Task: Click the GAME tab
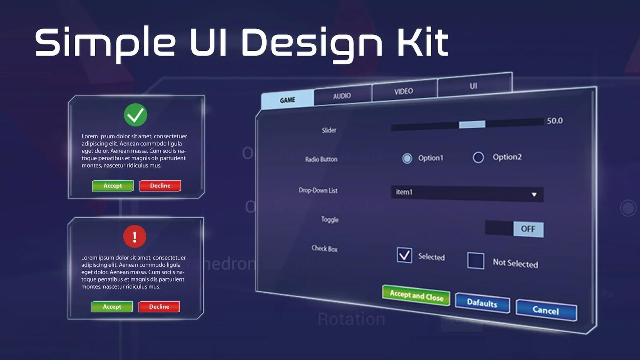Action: [x=288, y=100]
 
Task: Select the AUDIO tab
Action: [x=342, y=96]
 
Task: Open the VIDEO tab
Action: [x=404, y=91]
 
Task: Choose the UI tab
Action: [x=474, y=86]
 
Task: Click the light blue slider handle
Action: [x=472, y=124]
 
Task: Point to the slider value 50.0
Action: [x=555, y=120]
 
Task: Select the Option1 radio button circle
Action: [x=407, y=158]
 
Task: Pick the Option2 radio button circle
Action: [x=478, y=157]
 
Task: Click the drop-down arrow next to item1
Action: [x=534, y=194]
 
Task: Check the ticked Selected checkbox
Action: [x=404, y=255]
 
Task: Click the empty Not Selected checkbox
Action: [x=476, y=260]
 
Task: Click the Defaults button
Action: [x=482, y=303]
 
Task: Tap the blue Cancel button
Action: [x=546, y=310]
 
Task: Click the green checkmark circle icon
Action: [x=136, y=115]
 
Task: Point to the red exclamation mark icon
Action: [x=135, y=236]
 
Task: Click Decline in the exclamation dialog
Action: [x=159, y=307]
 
